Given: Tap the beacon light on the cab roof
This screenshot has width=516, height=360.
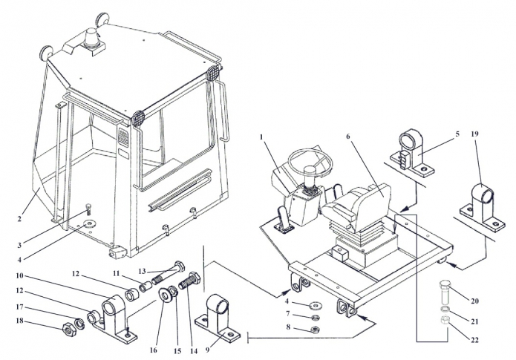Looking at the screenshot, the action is pos(91,37).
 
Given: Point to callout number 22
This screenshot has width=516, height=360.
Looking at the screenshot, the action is pos(474,340).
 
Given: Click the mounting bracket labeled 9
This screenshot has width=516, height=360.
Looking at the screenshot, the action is pos(218,317).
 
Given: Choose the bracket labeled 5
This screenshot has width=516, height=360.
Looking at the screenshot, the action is pos(413,154).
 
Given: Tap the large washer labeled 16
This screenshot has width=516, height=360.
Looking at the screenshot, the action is pos(164,295).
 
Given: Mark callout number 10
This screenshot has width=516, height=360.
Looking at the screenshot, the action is pos(19,275).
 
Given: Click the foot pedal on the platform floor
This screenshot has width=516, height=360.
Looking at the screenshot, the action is pos(283,220).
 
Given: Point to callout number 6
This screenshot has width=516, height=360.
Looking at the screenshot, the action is pos(348,137).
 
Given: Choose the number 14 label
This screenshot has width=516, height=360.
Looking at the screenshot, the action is pos(194,351).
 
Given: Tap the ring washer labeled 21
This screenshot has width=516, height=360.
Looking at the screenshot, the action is pos(445,309).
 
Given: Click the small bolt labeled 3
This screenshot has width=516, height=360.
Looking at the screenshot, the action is pos(88,209).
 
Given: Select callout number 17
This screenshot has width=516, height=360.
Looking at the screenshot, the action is pos(19,307).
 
